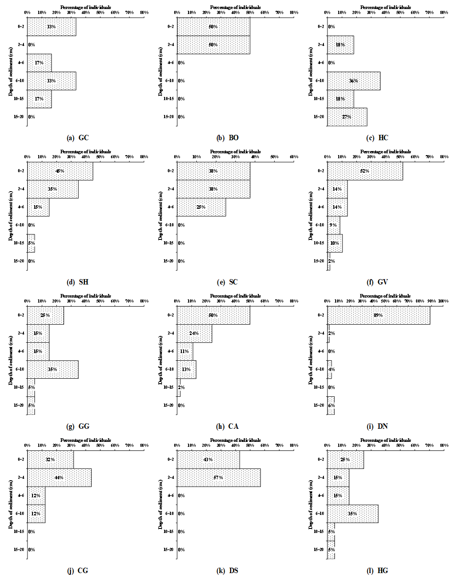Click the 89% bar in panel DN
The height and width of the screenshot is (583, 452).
click(378, 315)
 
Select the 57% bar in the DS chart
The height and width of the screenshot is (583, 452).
click(218, 477)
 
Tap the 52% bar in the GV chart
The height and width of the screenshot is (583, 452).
click(365, 171)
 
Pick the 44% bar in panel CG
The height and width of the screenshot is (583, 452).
click(59, 477)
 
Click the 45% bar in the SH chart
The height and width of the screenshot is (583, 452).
click(60, 171)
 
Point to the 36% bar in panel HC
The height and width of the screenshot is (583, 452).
click(354, 81)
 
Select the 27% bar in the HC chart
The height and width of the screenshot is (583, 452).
click(347, 117)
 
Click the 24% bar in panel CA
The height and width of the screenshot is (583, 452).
click(194, 333)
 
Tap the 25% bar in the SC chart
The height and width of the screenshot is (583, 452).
click(201, 207)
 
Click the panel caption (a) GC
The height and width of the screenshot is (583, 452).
click(78, 138)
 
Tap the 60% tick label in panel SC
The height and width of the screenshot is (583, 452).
click(294, 157)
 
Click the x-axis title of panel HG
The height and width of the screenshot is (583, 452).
click(386, 440)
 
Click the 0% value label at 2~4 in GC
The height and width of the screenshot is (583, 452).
click(32, 45)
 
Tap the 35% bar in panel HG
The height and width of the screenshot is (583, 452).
click(353, 514)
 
